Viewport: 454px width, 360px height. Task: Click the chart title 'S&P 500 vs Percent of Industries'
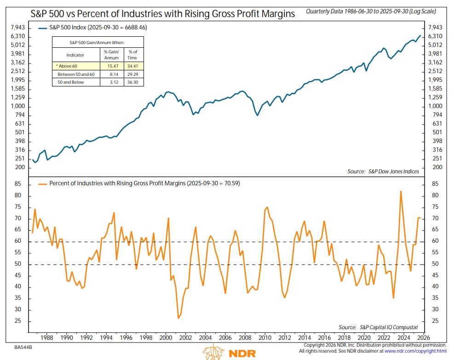155,13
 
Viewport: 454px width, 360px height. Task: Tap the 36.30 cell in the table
132,82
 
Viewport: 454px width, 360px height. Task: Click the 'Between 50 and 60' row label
75,74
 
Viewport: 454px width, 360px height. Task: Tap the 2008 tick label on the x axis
245,337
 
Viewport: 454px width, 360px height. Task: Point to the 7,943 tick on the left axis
17,28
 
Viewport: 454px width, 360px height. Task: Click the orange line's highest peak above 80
401,191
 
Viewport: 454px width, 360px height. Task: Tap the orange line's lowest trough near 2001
178,318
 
